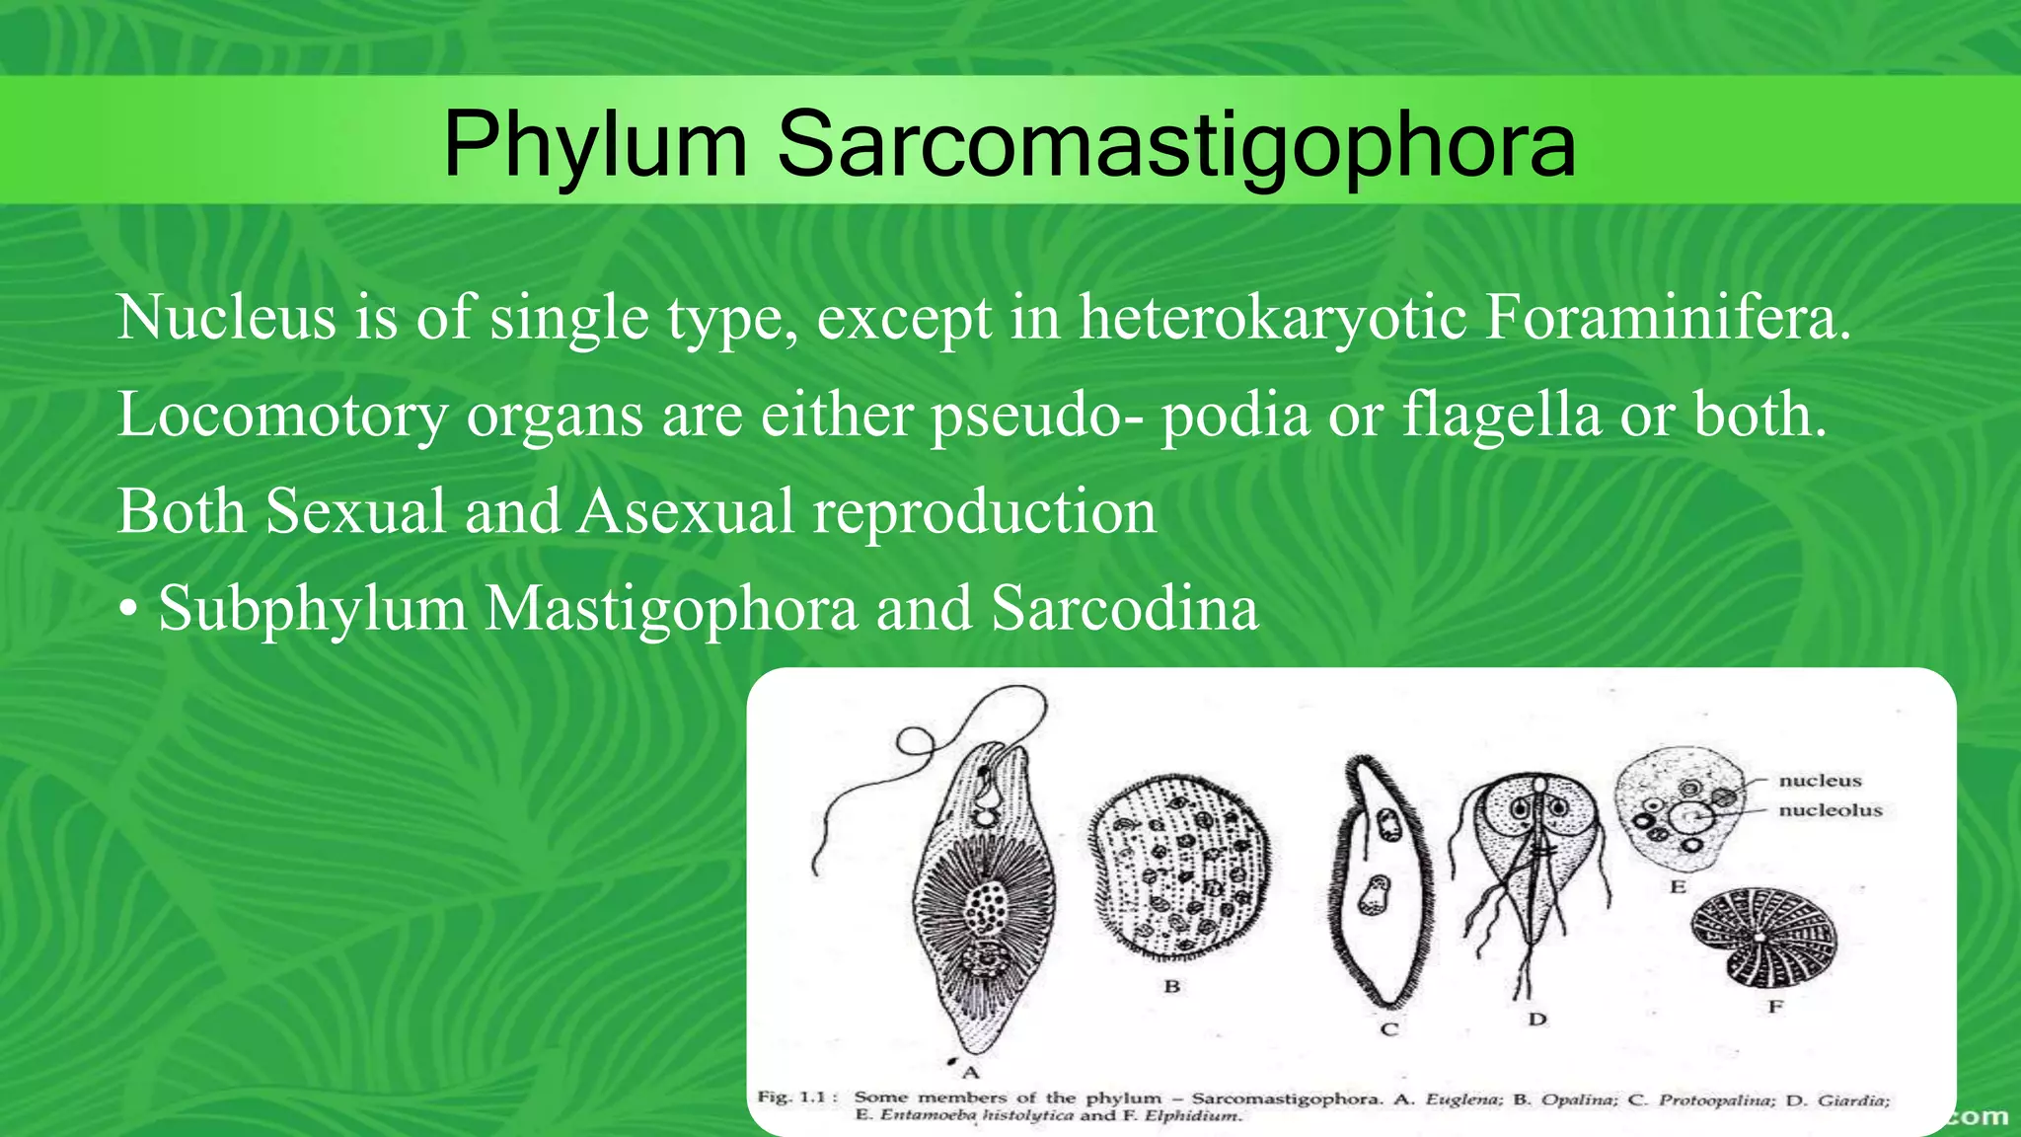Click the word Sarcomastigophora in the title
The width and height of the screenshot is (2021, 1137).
(x=1176, y=145)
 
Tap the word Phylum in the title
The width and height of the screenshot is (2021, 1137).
(x=595, y=145)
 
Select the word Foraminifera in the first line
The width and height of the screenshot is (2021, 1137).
(x=1667, y=318)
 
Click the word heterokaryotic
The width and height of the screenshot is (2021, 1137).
(x=1273, y=318)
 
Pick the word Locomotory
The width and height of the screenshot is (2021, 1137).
(x=282, y=415)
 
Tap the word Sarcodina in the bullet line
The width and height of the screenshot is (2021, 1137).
(x=1125, y=608)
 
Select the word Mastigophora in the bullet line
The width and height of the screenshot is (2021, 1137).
(x=671, y=608)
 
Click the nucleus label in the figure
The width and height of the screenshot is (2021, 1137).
(x=1820, y=781)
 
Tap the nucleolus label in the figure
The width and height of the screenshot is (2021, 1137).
(x=1831, y=810)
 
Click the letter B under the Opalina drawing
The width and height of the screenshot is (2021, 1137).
(x=1172, y=986)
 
